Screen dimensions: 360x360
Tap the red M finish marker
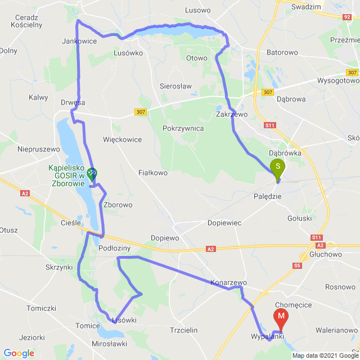pyautogui.click(x=281, y=318)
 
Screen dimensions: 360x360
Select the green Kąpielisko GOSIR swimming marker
pyautogui.click(x=91, y=175)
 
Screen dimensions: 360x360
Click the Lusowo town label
pyautogui.click(x=197, y=10)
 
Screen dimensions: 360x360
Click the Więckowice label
pyautogui.click(x=123, y=139)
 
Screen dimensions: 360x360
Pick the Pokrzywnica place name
pyautogui.click(x=183, y=128)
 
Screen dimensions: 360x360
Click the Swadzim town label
pyautogui.click(x=306, y=7)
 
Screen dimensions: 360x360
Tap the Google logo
pyautogui.click(x=19, y=353)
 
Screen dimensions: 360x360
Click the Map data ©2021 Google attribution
pyautogui.click(x=325, y=355)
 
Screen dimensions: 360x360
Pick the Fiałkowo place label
pyautogui.click(x=153, y=173)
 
